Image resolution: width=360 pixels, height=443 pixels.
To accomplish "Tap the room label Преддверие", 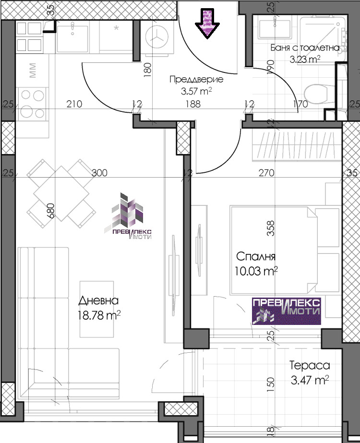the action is click(x=196, y=79).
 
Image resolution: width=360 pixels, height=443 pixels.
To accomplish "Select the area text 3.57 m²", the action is click(x=196, y=91).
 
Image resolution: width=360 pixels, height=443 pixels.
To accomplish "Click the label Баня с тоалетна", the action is click(x=305, y=48).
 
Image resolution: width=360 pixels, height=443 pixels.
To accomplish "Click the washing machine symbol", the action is click(x=156, y=37).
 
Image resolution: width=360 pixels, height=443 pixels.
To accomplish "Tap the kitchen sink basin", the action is click(x=72, y=38).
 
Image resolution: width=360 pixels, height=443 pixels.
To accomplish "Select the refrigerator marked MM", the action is click(x=33, y=70).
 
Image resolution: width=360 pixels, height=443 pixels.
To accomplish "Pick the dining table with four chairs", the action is click(x=61, y=193).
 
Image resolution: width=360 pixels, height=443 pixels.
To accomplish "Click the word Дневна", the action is click(x=98, y=300).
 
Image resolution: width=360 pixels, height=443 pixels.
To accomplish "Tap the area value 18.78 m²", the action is click(x=99, y=315).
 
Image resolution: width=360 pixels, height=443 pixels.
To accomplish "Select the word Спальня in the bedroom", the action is click(x=255, y=256).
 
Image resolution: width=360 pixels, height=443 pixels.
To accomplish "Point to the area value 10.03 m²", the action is click(x=256, y=271).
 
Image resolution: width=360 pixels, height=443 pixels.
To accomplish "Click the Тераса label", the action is click(x=310, y=366).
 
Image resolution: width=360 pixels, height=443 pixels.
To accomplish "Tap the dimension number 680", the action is click(x=51, y=211).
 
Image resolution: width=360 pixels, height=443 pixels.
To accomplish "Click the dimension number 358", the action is click(x=270, y=228).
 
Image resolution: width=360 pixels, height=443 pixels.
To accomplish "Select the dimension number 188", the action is click(x=193, y=104).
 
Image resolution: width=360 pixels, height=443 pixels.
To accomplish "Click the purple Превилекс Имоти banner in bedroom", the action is click(x=287, y=311).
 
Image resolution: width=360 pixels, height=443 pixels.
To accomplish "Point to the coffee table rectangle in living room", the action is click(x=96, y=309).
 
